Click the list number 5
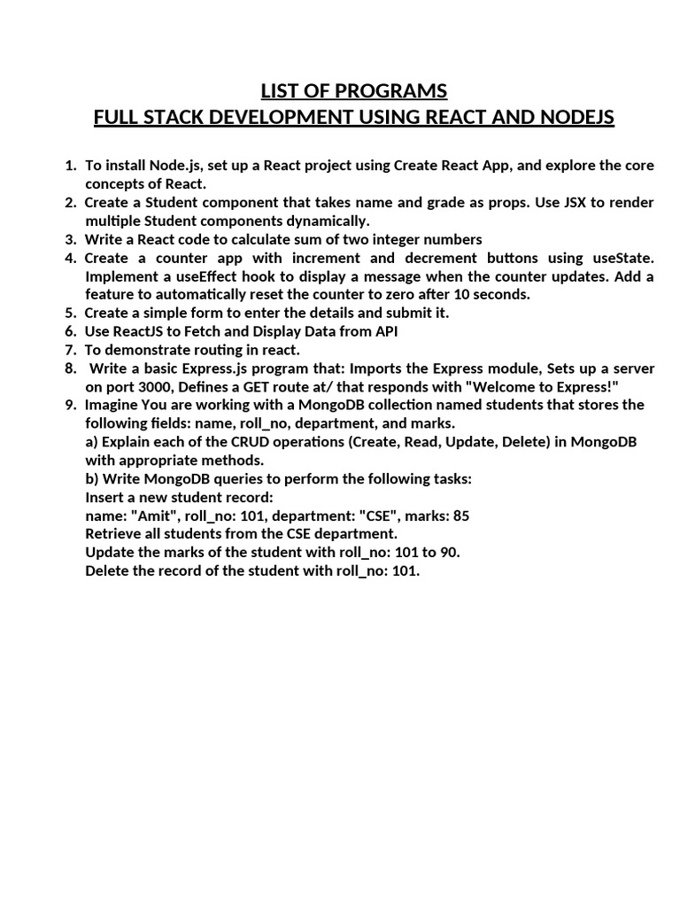pos(71,313)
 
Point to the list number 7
pos(71,350)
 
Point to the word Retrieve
pos(116,534)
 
